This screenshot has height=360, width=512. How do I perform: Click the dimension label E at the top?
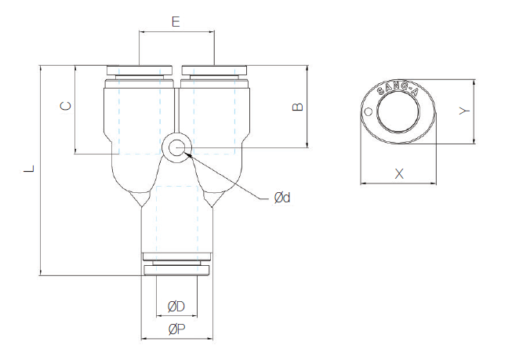pyautogui.click(x=176, y=21)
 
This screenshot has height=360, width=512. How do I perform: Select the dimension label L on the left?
pyautogui.click(x=28, y=168)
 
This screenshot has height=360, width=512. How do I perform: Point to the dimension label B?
pyautogui.click(x=296, y=106)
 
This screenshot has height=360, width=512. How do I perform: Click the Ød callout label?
pyautogui.click(x=281, y=198)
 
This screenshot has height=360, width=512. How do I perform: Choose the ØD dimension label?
pyautogui.click(x=176, y=305)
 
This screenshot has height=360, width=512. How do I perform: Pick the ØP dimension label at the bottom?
pyautogui.click(x=176, y=329)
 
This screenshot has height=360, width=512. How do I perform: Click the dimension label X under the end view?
pyautogui.click(x=399, y=173)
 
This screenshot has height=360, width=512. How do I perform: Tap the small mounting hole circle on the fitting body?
pyautogui.click(x=176, y=147)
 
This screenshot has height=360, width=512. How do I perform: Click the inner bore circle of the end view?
pyautogui.click(x=398, y=115)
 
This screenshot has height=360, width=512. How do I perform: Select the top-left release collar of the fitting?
pyautogui.click(x=140, y=71)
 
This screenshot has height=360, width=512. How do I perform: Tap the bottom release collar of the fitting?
pyautogui.click(x=176, y=271)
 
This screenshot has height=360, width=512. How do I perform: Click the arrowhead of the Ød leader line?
pyautogui.click(x=188, y=156)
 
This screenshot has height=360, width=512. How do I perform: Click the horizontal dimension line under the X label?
pyautogui.click(x=398, y=184)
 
